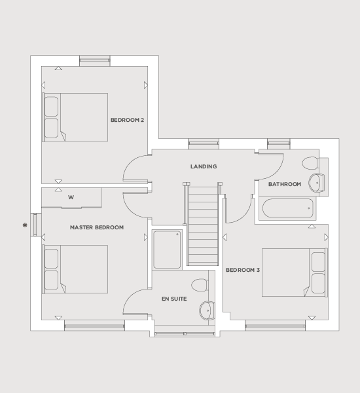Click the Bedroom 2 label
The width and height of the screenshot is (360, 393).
127,120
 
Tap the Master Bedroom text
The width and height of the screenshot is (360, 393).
97,227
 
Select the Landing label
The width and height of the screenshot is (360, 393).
204,166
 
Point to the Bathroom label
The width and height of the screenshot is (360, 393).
285,184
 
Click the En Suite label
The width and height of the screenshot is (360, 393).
174,299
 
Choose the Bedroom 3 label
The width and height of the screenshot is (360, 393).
243,270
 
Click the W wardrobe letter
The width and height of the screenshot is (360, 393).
71,197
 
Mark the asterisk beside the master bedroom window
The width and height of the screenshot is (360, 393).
25,225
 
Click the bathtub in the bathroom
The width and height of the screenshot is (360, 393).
287,208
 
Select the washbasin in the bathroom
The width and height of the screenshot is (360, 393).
317,183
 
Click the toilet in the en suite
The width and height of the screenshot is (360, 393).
200,285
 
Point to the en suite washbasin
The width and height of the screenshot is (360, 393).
207,310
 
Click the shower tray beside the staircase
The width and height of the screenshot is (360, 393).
167,250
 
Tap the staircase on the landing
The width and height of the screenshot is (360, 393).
203,224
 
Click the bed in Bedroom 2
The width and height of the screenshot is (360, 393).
75,117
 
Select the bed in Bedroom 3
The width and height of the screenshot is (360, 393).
295,272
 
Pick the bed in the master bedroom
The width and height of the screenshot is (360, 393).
75,269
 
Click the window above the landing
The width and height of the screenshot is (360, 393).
204,143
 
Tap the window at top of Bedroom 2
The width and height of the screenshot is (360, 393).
95,61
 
